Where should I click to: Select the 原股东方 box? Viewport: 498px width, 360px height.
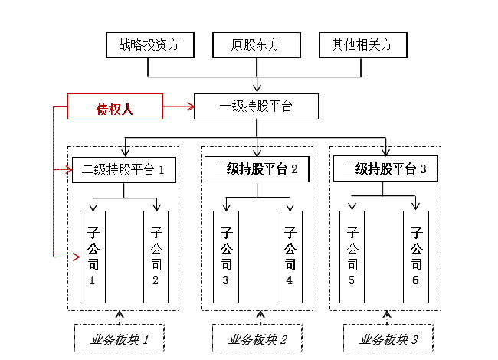[255, 45]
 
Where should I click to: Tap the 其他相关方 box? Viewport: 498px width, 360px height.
[362, 45]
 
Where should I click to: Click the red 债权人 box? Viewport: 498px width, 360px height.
[115, 106]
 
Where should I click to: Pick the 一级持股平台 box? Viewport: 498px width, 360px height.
[255, 106]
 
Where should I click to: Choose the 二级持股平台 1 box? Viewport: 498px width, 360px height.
[123, 170]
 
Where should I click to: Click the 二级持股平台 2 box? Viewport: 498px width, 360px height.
[257, 170]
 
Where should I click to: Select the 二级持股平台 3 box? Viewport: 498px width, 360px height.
[385, 170]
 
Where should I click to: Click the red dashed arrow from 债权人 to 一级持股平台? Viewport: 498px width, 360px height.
[179, 106]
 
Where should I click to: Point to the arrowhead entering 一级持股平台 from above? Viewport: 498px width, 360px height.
[256, 89]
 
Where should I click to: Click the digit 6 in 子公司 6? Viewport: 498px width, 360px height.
[416, 280]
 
